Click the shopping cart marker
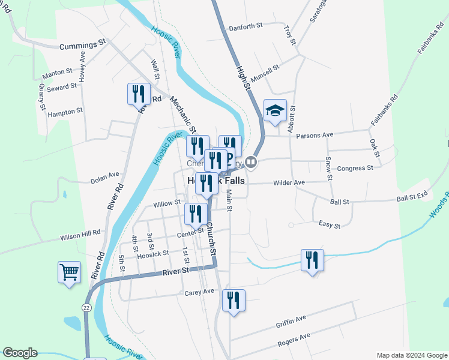coord(69,272)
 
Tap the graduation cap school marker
coord(275,110)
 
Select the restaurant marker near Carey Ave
coord(234,300)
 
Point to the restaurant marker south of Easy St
coord(312,260)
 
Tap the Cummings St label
coord(83,44)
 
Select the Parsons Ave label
coord(311,135)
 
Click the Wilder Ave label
coord(289,182)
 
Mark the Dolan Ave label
coord(105,178)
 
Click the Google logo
coord(20,353)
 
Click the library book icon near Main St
coord(252,161)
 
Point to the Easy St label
coord(330,226)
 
